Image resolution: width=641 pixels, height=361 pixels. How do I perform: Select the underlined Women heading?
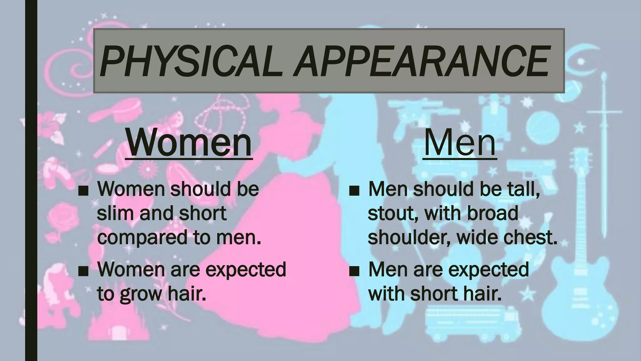189,143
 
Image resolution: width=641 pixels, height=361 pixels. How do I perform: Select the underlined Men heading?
460,143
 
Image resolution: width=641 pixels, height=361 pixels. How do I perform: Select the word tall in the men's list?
523,189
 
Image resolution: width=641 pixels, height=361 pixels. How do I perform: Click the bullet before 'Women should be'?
83,191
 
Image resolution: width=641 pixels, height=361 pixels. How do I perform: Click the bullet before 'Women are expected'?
83,271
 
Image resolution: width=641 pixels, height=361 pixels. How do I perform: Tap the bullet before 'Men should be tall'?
354,191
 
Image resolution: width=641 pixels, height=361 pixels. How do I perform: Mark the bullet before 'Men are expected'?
354,271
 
